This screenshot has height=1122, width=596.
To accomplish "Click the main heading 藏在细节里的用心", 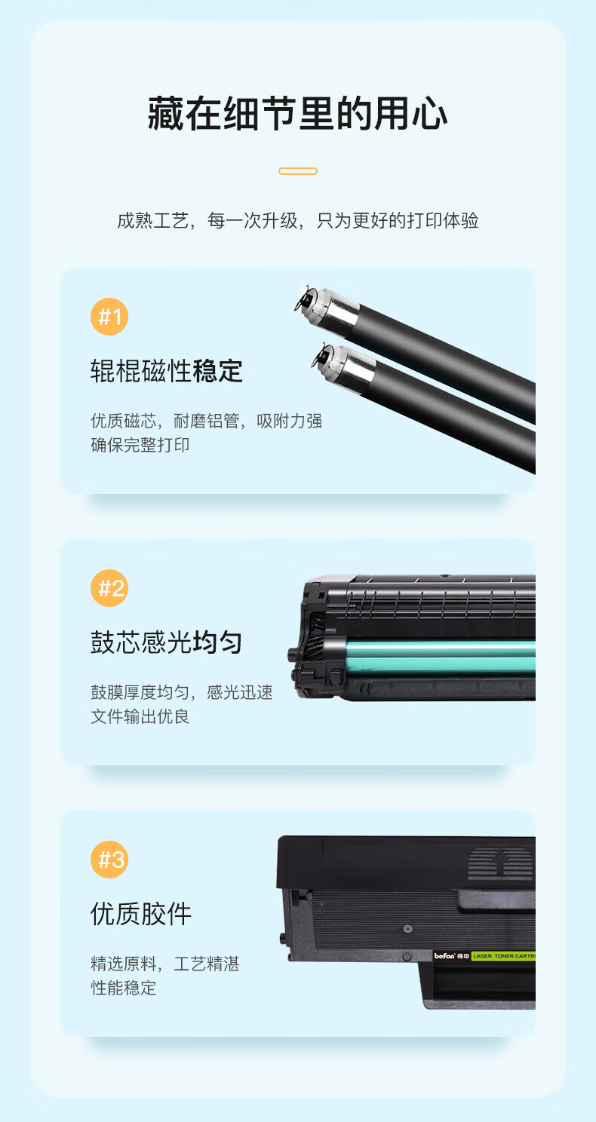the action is (x=297, y=114).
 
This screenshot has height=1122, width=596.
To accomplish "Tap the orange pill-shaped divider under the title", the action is (x=298, y=171).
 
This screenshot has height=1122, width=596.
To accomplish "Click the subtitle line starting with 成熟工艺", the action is (x=298, y=220).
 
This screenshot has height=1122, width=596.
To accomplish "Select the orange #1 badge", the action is (x=109, y=317).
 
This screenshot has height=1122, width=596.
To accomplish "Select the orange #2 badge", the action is (x=109, y=588).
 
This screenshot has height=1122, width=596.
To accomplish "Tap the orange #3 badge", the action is (x=109, y=860).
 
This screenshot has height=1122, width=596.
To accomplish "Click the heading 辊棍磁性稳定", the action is (x=167, y=371).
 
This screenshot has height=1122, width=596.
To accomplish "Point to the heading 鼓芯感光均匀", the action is (x=167, y=642).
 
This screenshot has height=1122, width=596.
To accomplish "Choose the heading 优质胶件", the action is (x=141, y=914).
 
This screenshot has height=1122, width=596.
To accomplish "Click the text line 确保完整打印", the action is (x=140, y=445).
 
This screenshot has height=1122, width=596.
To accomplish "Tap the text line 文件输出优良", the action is (x=140, y=716).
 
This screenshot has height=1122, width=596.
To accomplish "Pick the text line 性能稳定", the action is (x=123, y=988).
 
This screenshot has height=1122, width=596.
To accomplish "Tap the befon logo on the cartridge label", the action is (x=444, y=955).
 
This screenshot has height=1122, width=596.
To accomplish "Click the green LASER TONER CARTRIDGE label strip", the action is (x=503, y=955).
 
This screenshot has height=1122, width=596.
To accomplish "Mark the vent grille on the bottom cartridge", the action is (x=499, y=863).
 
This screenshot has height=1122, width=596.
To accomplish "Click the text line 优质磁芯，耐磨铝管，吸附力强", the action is (x=207, y=421).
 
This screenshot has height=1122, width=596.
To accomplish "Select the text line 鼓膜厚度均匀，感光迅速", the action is (x=182, y=692).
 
